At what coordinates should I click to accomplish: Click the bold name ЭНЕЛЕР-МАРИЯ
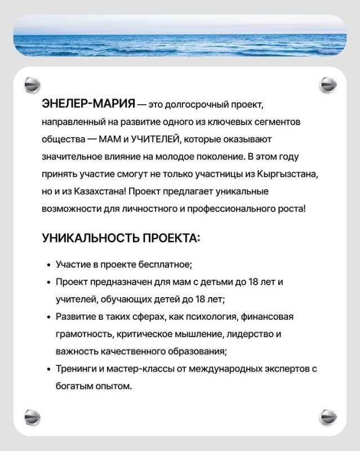[88, 104]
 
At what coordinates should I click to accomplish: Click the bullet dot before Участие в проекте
[47, 264]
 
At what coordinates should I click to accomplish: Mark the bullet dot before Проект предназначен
[47, 281]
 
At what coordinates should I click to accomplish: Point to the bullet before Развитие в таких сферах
[47, 317]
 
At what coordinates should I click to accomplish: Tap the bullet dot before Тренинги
[47, 369]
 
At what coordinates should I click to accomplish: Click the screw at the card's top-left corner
[32, 86]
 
